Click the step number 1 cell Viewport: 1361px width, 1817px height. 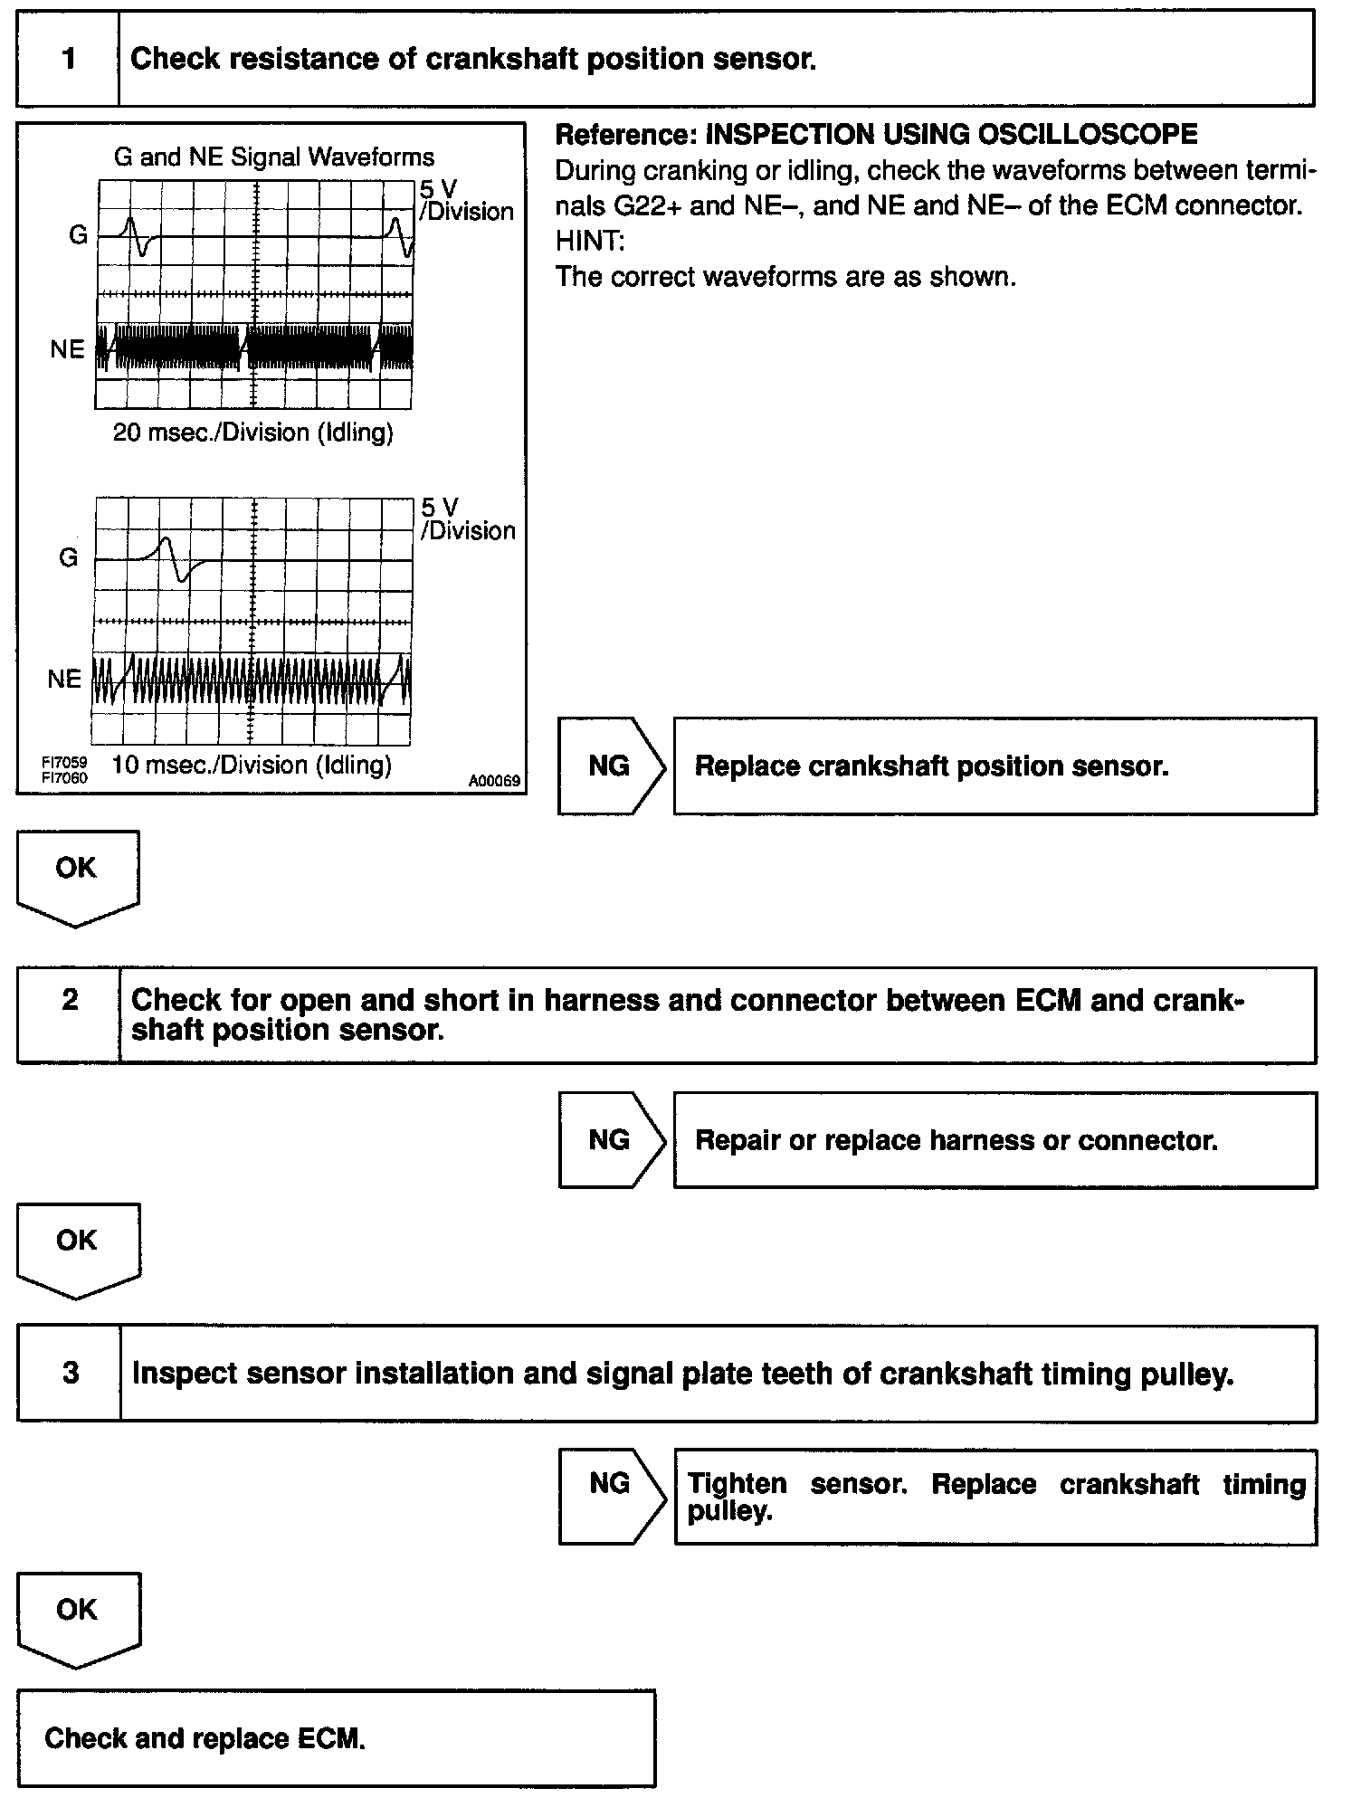[x=68, y=60]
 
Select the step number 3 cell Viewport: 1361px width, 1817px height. [x=70, y=1374]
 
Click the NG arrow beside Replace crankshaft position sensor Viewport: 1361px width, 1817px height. [x=610, y=766]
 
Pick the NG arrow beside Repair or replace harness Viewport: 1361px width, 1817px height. [x=610, y=1140]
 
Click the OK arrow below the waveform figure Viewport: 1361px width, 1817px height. [x=76, y=873]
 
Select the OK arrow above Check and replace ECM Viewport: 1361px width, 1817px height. [x=77, y=1615]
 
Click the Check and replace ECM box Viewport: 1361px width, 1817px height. [x=336, y=1737]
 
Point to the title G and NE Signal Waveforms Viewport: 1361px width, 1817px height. [x=274, y=157]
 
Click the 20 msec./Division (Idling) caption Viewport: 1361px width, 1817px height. [x=253, y=433]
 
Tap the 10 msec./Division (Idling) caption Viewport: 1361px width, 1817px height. [x=252, y=766]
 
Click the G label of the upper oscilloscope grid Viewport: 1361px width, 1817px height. [x=78, y=236]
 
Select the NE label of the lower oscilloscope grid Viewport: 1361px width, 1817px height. [x=64, y=679]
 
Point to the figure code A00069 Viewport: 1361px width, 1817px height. [x=494, y=781]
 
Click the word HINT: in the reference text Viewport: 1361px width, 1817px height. [x=590, y=242]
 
